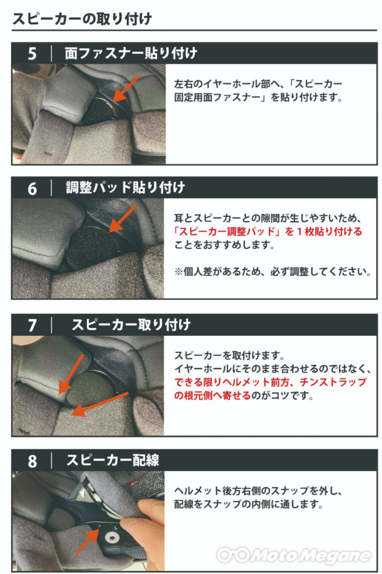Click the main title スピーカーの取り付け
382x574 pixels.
click(82, 18)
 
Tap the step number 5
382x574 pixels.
click(32, 54)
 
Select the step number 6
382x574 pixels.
click(32, 189)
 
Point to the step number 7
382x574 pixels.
click(32, 326)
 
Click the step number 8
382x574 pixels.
click(32, 461)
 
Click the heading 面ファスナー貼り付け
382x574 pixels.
click(131, 53)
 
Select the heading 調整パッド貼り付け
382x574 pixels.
click(125, 187)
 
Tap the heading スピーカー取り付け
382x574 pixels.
click(131, 325)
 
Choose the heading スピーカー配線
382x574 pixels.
click(113, 460)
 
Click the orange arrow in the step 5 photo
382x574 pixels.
click(126, 89)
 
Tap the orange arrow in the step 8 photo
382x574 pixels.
click(88, 540)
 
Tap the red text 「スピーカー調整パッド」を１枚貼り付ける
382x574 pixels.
click(268, 232)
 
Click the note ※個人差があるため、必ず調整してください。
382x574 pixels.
click(273, 272)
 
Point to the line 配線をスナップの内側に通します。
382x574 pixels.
click(249, 504)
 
